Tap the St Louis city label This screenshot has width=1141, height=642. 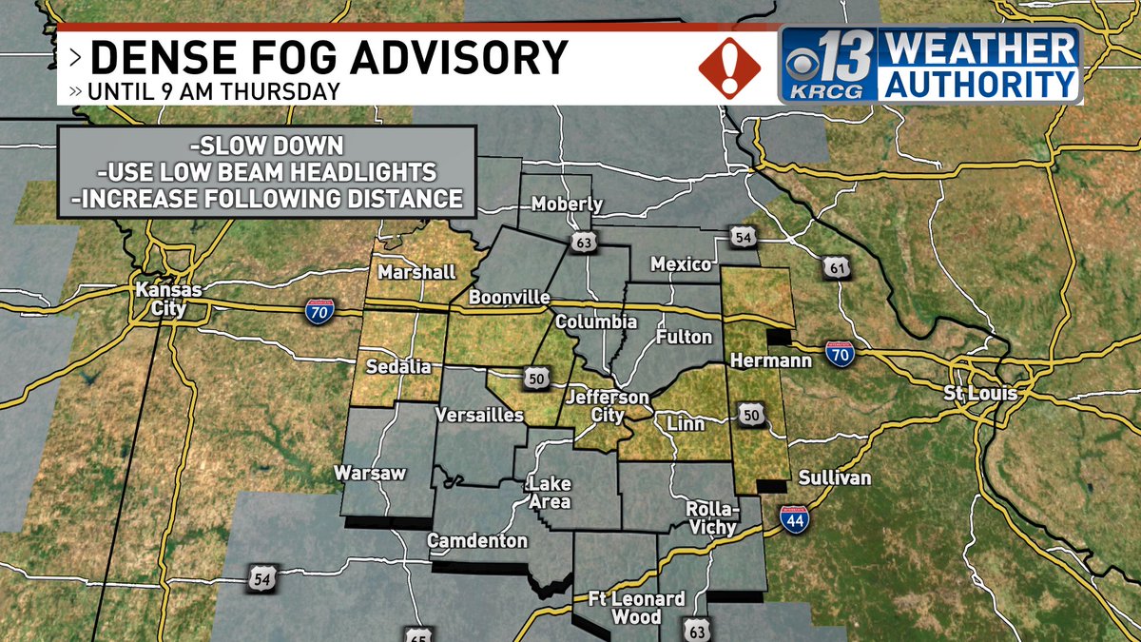[980, 393]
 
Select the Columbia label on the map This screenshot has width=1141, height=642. [596, 321]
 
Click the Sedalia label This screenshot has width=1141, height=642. [400, 366]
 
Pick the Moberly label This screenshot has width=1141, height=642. [567, 204]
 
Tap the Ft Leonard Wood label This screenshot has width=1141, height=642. [623, 608]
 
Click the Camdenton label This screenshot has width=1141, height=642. [477, 540]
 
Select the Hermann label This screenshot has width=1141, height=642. [758, 360]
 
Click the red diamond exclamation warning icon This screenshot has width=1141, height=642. [729, 67]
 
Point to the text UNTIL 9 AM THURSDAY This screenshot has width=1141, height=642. [214, 92]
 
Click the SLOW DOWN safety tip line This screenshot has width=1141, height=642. [266, 147]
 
